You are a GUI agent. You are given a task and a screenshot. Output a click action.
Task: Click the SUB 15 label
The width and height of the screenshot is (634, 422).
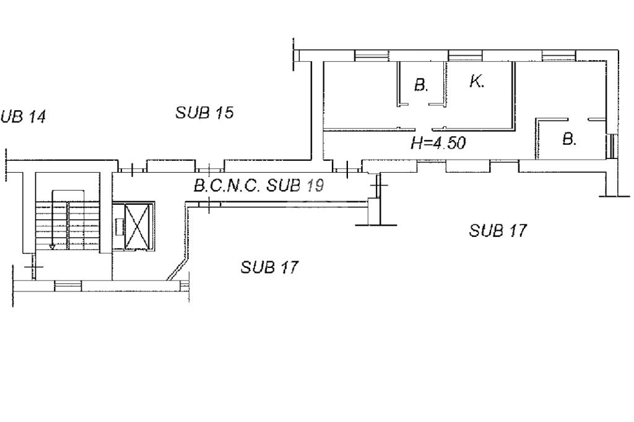pos(204,113)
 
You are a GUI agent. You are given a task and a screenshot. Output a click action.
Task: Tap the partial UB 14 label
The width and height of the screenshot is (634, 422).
pos(23,117)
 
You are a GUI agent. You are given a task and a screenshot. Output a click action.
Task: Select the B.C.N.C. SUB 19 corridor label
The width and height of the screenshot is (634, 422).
pos(259,186)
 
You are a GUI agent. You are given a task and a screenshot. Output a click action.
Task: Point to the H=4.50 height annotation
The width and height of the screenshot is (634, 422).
pos(438,143)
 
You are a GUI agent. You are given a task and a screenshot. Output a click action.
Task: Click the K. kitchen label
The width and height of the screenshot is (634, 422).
pos(477,82)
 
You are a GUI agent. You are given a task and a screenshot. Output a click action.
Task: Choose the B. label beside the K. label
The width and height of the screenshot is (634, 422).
pos(421,85)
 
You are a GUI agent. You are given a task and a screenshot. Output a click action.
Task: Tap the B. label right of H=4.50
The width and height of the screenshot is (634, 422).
pos(570,139)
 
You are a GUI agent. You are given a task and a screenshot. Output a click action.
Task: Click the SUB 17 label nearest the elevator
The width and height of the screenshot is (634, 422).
pos(270,267)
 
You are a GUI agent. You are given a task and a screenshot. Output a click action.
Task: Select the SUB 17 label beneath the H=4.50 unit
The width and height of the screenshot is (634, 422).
pos(498,230)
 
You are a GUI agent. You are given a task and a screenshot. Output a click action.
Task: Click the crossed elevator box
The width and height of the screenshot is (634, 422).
pos(139,226)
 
